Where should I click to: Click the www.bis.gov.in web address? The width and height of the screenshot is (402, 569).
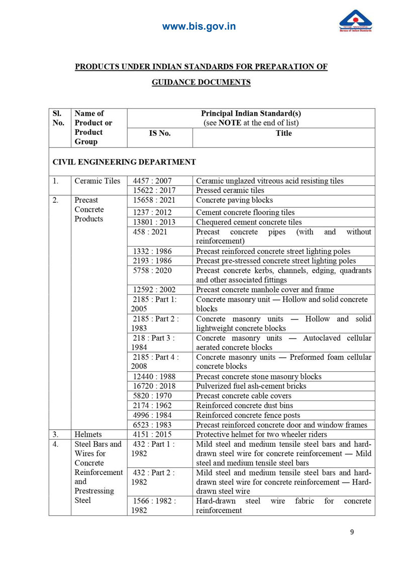pyautogui.click(x=199, y=27)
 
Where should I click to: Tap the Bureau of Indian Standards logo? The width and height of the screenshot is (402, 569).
pyautogui.click(x=355, y=21)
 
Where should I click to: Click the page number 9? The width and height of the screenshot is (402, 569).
pyautogui.click(x=352, y=533)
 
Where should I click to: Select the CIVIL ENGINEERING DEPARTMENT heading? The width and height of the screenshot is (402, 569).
pyautogui.click(x=124, y=162)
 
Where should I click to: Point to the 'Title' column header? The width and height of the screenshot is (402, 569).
pyautogui.click(x=283, y=133)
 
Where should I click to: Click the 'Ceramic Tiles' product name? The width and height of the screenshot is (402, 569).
pyautogui.click(x=97, y=181)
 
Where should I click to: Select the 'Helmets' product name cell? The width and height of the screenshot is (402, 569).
pyautogui.click(x=88, y=434)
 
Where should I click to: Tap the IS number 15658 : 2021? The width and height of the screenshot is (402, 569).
pyautogui.click(x=154, y=200)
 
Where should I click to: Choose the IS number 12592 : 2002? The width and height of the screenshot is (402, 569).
pyautogui.click(x=154, y=289)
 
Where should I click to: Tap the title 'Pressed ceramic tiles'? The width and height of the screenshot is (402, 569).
pyautogui.click(x=230, y=191)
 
